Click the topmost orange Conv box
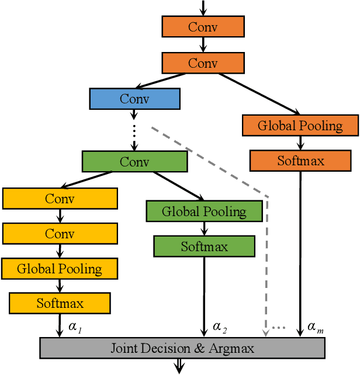click(203, 27)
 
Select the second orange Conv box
click(203, 62)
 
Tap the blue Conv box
click(134, 99)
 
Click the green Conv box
click(134, 161)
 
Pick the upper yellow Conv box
click(60, 199)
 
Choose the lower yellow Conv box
click(60, 234)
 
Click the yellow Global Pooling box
click(60, 269)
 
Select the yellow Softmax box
click(60, 303)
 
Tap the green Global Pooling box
click(204, 211)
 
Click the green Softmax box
click(204, 246)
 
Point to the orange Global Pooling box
click(300, 126)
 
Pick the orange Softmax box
click(300, 161)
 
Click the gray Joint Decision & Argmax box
click(182, 348)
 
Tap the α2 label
click(220, 327)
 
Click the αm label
click(315, 327)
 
